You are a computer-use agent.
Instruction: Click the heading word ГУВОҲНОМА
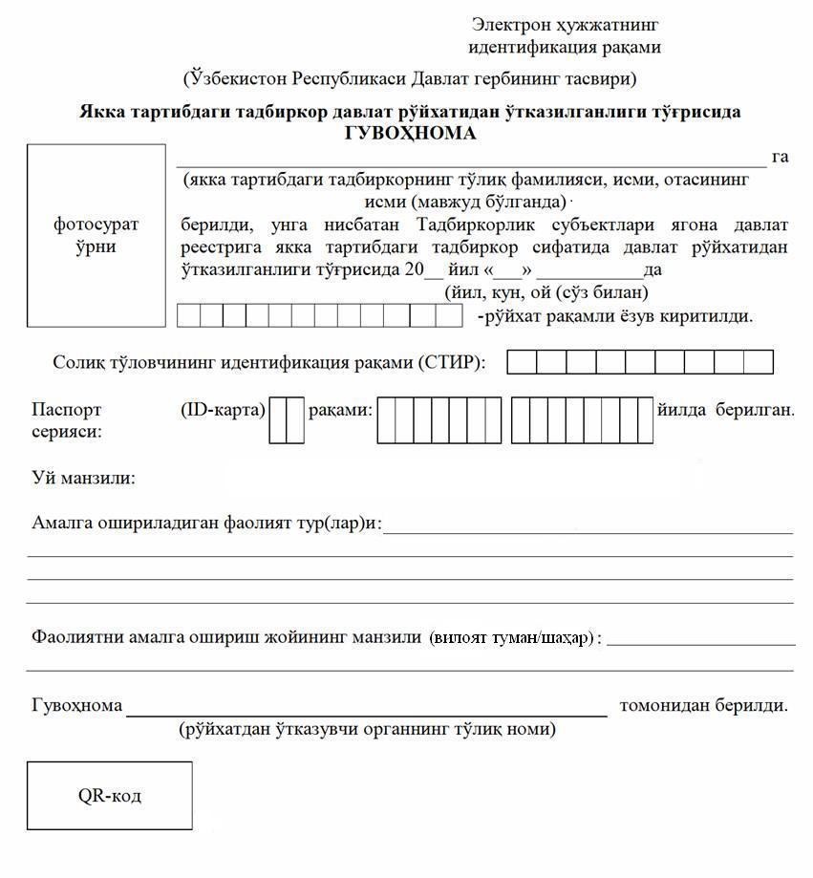click(x=410, y=134)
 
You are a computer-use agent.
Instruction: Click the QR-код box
click(x=110, y=795)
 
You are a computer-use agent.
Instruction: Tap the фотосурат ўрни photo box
click(x=96, y=235)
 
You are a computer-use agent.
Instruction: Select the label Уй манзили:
click(x=83, y=477)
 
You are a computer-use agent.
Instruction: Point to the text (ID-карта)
click(x=223, y=410)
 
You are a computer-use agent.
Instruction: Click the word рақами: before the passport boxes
click(x=339, y=410)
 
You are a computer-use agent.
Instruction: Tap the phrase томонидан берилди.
click(x=703, y=706)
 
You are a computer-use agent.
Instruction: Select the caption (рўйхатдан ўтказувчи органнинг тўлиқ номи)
click(x=367, y=730)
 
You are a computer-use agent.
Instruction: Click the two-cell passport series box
click(x=287, y=420)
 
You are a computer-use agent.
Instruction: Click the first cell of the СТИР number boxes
click(x=522, y=362)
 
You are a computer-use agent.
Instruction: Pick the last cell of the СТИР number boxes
click(x=758, y=362)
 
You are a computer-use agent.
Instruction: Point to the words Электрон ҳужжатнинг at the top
click(x=565, y=25)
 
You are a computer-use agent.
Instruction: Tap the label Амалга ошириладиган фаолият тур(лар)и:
click(x=206, y=523)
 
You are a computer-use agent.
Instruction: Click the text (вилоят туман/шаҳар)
click(x=510, y=637)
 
